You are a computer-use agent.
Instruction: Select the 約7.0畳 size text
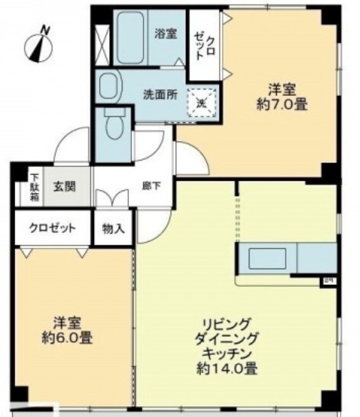click(283, 105)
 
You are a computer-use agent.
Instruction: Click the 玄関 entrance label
click(64, 187)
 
